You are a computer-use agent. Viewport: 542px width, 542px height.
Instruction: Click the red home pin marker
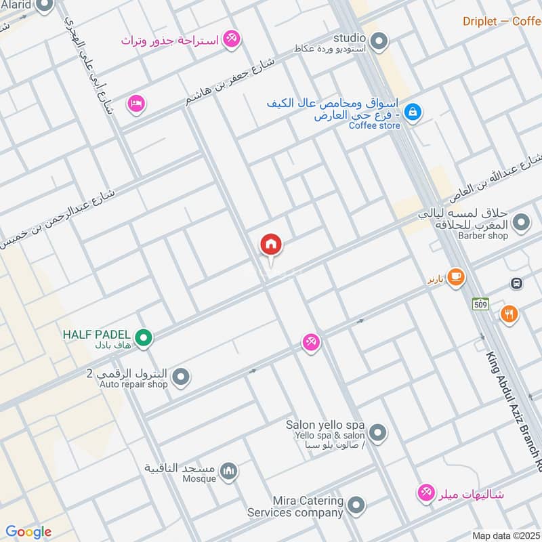271,245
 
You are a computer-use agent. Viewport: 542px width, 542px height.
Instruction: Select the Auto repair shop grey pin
180,377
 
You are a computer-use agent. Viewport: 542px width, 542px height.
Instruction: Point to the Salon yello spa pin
378,432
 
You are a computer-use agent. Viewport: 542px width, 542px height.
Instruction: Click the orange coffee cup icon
455,276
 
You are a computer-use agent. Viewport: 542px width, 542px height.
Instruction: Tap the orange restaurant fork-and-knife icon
509,313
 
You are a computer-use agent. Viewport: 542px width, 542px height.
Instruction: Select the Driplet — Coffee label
501,21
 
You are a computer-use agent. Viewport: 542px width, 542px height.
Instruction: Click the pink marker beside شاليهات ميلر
426,493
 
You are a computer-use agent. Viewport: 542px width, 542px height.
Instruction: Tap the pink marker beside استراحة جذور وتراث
231,39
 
